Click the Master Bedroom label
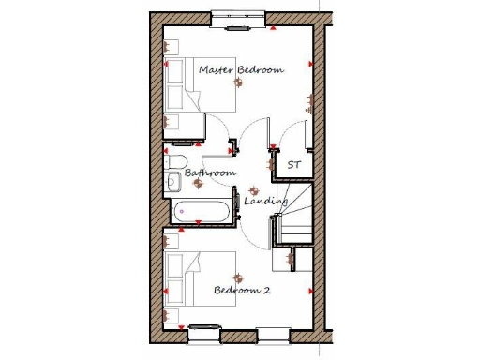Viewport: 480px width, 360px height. (241, 69)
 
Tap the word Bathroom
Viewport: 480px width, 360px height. (210, 173)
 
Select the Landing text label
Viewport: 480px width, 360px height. (265, 202)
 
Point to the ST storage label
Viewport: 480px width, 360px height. (294, 166)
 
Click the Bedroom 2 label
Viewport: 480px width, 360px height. (242, 291)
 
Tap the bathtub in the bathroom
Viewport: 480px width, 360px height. (202, 212)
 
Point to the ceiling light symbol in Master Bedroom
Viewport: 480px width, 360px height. (239, 83)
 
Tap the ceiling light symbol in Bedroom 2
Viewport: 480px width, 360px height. (237, 278)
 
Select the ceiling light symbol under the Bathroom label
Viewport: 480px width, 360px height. (197, 185)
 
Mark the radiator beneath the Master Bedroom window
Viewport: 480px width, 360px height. (236, 27)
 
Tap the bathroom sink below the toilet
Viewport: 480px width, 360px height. (174, 181)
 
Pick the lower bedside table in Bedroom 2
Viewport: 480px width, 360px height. (172, 311)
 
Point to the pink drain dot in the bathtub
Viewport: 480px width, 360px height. (181, 212)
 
